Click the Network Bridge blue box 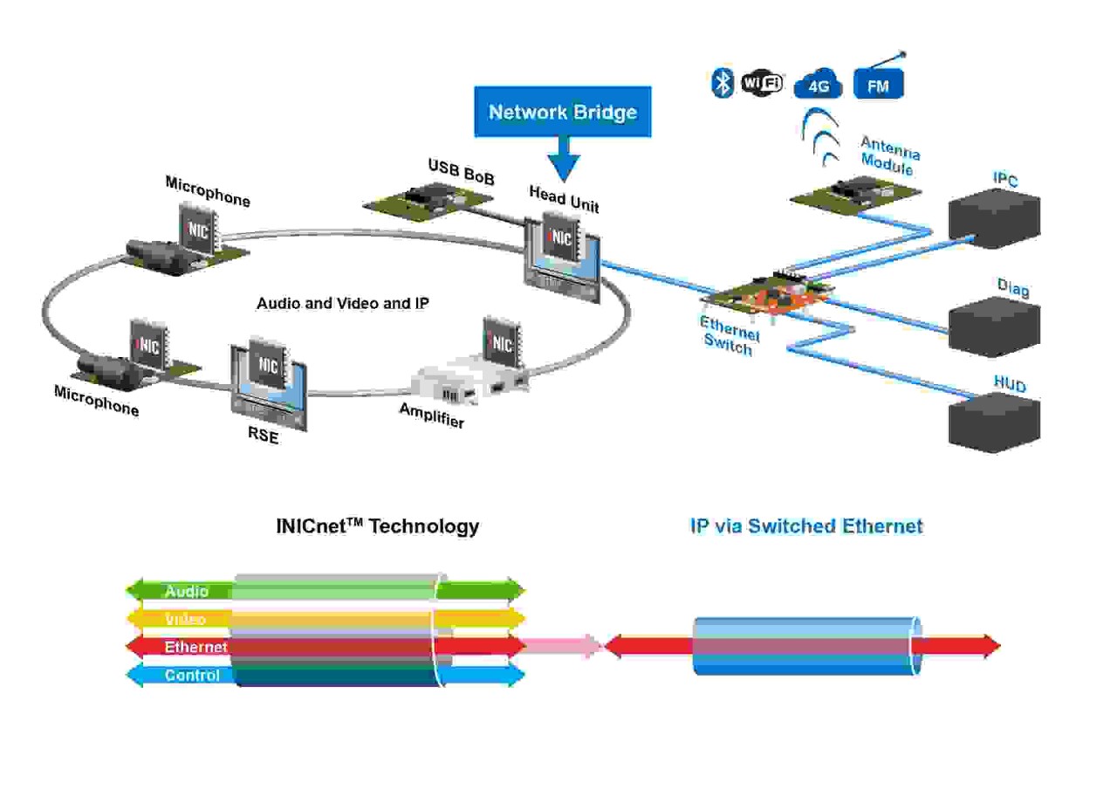coord(562,112)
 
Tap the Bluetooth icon coord(723,83)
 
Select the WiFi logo coord(762,83)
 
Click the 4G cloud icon coord(818,85)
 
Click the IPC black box coord(995,219)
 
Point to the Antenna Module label coord(890,155)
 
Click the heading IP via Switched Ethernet coord(806,526)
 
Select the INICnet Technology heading coord(378,526)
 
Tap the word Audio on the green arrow coord(187,591)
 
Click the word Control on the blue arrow coord(192,675)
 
